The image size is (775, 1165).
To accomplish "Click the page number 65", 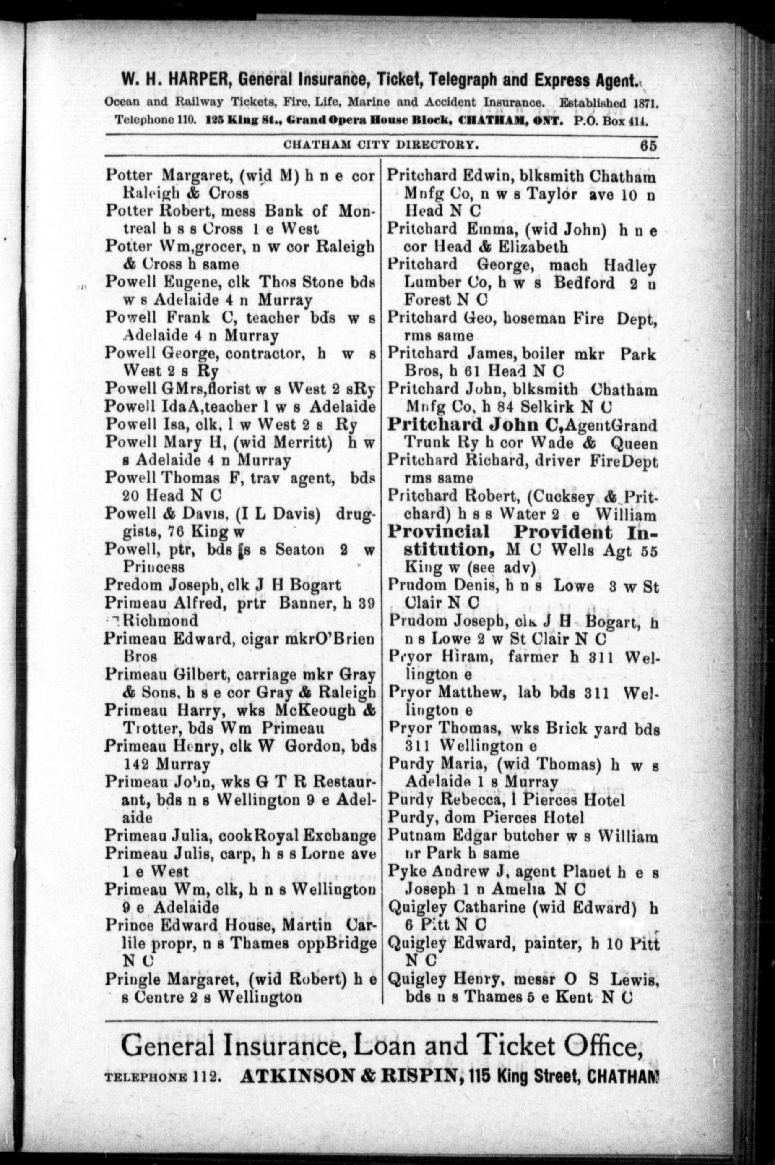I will point(648,146).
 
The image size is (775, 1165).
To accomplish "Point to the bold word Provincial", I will point(438,532).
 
